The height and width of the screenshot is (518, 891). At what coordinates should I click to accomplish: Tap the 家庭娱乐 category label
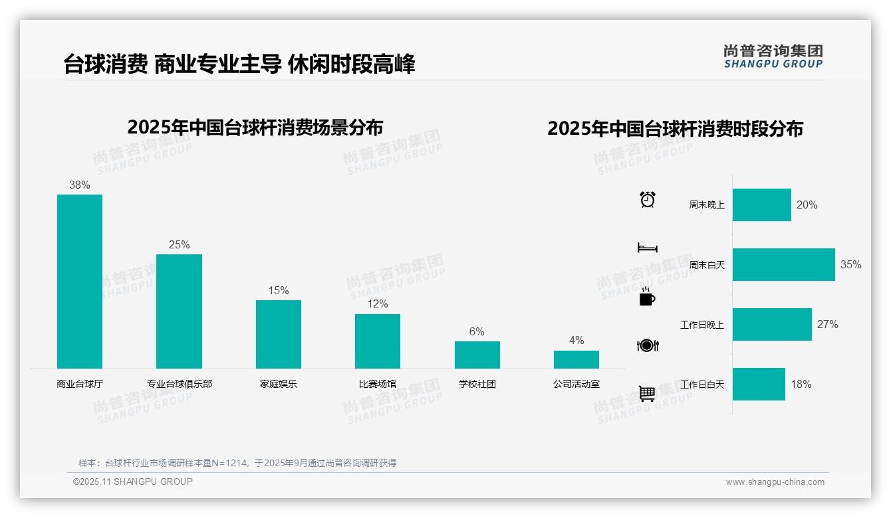(279, 384)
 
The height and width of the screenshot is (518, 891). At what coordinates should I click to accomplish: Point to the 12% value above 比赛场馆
(378, 304)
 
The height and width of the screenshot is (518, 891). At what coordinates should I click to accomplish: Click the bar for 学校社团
(477, 355)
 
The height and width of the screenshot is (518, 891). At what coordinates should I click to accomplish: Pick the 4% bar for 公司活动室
(576, 359)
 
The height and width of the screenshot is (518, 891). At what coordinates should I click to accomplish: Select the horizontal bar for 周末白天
(783, 264)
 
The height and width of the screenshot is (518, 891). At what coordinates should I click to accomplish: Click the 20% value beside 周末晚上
(807, 205)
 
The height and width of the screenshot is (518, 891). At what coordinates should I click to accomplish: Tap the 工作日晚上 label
(702, 325)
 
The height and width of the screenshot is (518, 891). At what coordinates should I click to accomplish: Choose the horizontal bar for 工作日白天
(759, 384)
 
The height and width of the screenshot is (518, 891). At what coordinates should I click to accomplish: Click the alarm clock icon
(648, 199)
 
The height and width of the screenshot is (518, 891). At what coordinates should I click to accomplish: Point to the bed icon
(648, 248)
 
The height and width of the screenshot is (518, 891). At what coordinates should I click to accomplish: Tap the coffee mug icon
(647, 297)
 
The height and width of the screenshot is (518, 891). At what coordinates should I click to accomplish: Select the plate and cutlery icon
(648, 345)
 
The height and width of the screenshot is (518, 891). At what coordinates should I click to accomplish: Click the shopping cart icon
(647, 393)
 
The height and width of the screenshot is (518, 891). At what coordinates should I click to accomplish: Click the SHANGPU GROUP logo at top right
(773, 56)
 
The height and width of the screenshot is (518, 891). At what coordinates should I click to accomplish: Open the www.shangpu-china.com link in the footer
(775, 482)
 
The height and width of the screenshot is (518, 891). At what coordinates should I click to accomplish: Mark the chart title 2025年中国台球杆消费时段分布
(675, 128)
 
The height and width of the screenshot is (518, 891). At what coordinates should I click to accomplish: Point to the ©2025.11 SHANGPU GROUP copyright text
(133, 481)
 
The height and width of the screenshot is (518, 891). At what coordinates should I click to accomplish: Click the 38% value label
(80, 185)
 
